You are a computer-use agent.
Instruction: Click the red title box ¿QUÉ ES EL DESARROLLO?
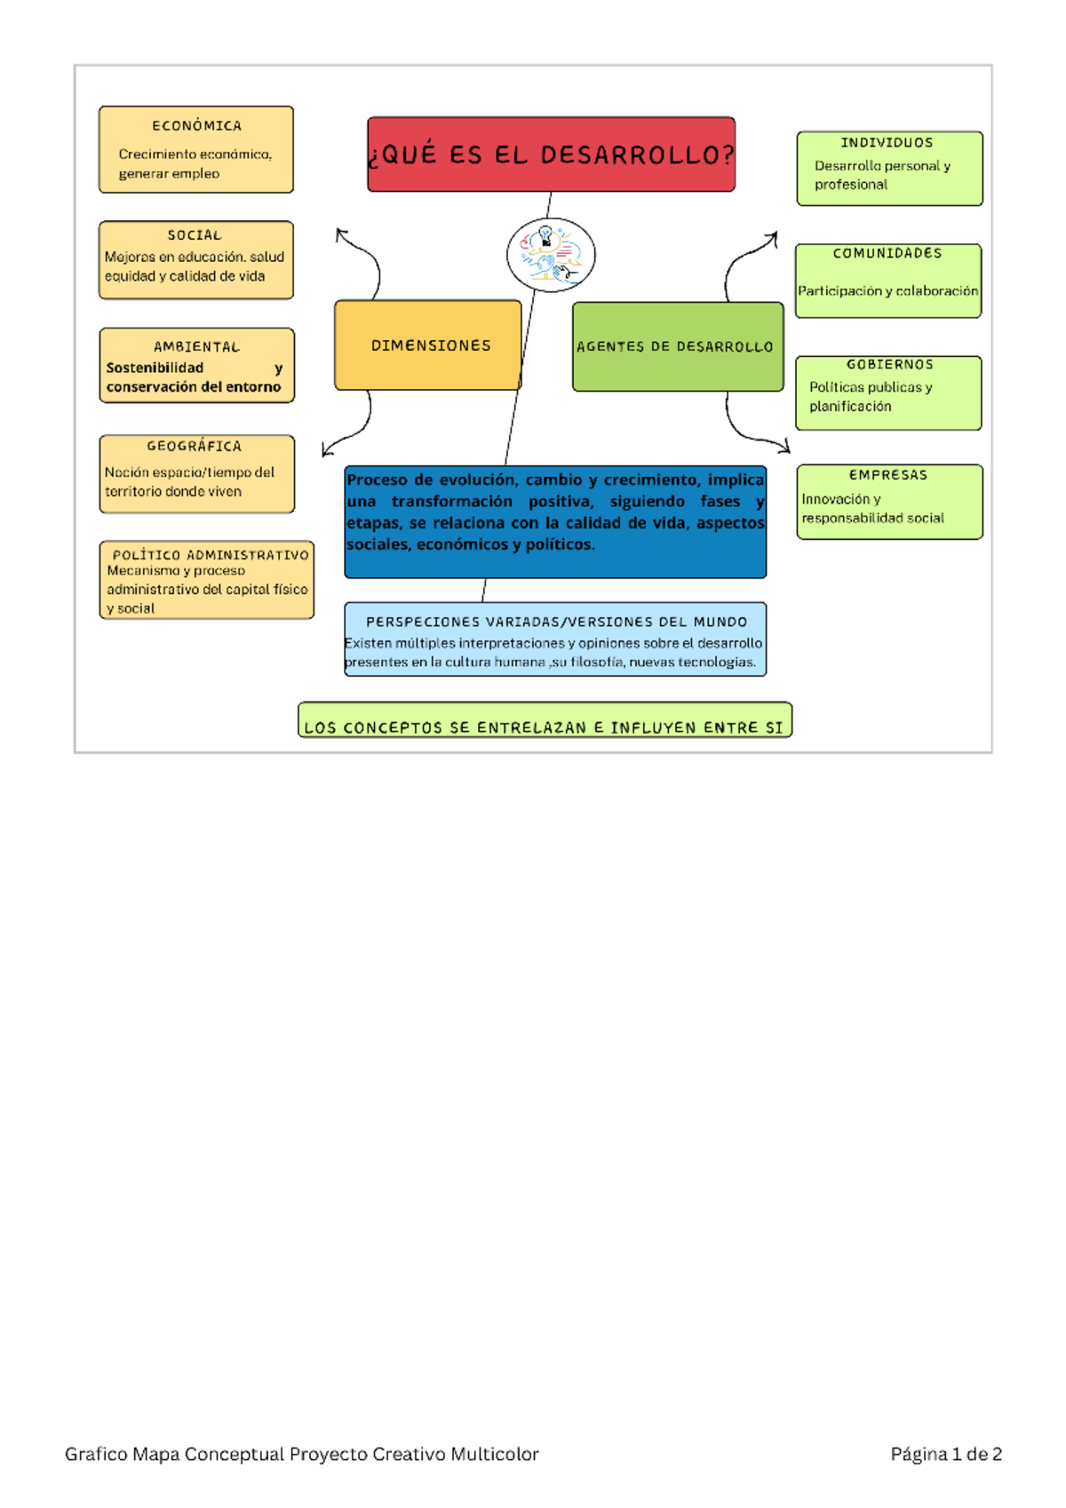(551, 155)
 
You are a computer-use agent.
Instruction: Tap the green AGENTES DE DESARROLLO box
(677, 346)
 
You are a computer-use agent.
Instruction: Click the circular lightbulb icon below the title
(551, 255)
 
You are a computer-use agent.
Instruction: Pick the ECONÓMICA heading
(196, 126)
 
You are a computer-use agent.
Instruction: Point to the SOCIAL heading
(195, 235)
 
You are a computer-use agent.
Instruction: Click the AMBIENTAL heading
(196, 347)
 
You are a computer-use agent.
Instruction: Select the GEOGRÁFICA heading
(195, 447)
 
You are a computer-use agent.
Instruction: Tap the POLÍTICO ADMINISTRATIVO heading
(211, 555)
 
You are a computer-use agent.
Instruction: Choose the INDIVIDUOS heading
(887, 143)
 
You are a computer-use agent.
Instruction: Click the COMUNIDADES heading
(887, 253)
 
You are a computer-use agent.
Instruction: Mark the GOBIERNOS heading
(889, 365)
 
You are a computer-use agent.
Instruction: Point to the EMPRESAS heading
(888, 475)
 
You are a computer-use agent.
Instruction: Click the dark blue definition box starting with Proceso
(555, 522)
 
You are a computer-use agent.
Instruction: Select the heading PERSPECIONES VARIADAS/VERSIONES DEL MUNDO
(556, 623)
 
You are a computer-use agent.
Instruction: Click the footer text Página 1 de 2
(946, 1454)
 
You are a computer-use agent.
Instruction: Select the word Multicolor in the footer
(494, 1454)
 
